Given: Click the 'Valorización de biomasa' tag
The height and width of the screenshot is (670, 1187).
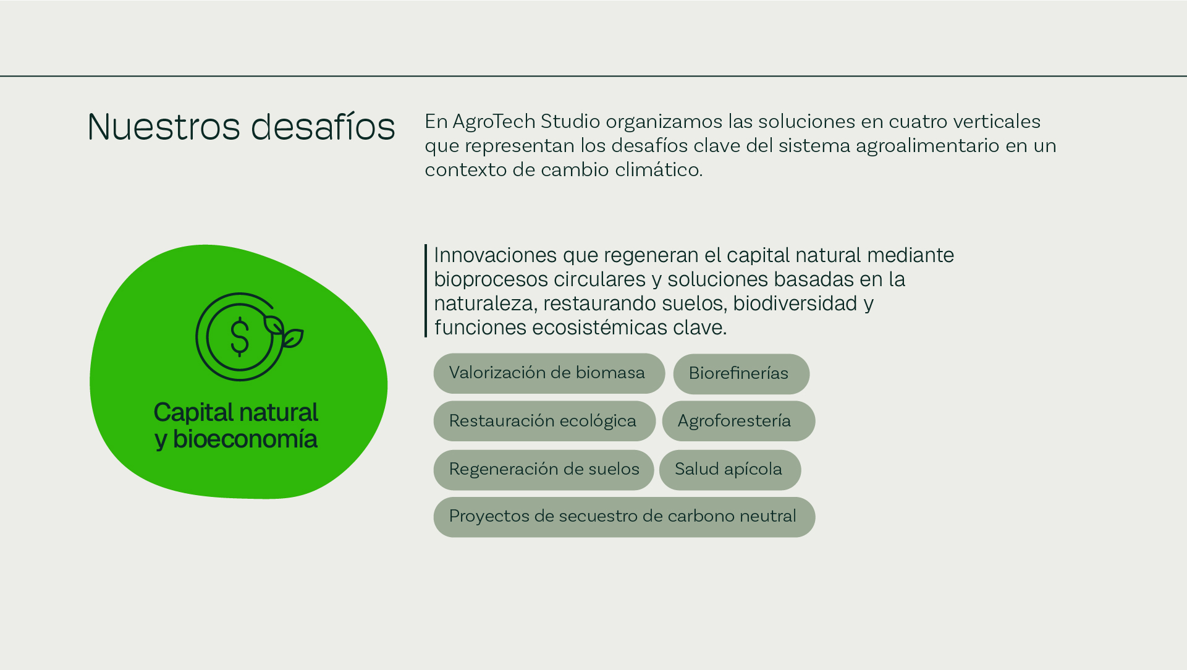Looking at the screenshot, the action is [x=549, y=373].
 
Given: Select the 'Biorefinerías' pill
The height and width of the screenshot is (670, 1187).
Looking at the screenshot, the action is [x=741, y=374].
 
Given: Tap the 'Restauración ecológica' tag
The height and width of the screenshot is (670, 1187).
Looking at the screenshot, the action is [x=544, y=421].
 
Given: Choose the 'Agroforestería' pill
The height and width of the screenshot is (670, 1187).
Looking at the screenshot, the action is [x=738, y=421].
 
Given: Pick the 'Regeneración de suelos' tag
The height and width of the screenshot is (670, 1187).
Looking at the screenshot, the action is [x=543, y=470].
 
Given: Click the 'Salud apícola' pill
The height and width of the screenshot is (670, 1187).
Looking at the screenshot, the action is [x=730, y=470].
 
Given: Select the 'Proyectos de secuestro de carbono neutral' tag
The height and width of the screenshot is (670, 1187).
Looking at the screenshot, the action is [x=624, y=517].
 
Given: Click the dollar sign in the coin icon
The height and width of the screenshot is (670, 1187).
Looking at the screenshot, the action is [x=240, y=337].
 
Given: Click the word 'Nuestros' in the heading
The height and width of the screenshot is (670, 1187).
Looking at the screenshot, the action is [x=164, y=127].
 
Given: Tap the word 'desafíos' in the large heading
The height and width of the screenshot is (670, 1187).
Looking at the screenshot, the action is [x=323, y=126].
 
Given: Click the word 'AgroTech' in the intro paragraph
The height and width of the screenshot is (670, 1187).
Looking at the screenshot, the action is [x=494, y=121].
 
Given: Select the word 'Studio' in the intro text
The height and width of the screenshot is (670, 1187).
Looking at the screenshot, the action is [x=570, y=121].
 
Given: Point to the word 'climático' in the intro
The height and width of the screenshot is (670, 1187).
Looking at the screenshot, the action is [x=659, y=169].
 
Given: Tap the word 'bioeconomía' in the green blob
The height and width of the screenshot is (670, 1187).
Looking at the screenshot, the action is [x=245, y=439].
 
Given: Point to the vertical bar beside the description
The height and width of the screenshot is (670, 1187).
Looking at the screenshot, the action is [x=426, y=290].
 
